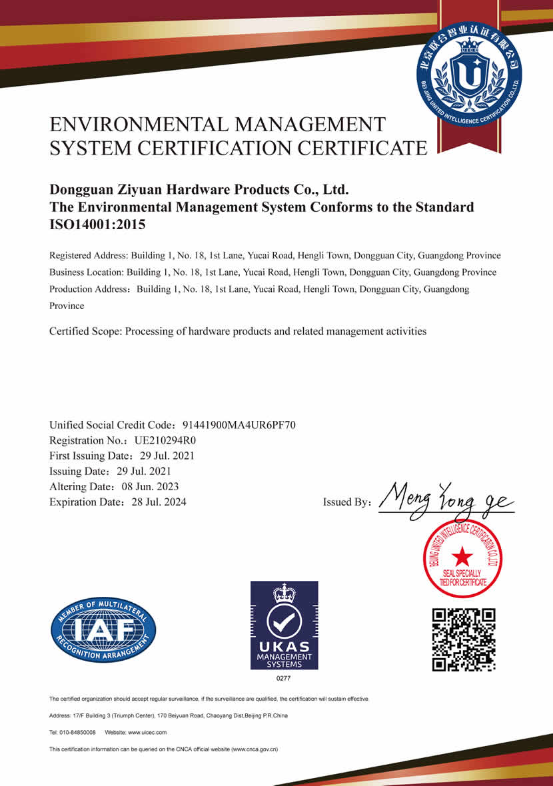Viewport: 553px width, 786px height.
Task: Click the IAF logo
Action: click(x=104, y=629)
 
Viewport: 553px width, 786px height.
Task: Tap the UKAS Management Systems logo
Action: click(x=284, y=625)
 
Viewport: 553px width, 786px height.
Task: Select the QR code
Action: click(x=464, y=639)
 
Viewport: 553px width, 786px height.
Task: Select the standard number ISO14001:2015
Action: click(x=97, y=224)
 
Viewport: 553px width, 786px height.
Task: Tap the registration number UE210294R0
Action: click(x=165, y=440)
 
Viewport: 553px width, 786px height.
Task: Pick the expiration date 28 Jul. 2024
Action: click(x=159, y=502)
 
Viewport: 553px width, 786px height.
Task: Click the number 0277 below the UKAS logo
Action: click(x=284, y=678)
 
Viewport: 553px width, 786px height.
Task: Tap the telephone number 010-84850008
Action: click(x=77, y=732)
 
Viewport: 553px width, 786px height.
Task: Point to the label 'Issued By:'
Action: click(x=346, y=502)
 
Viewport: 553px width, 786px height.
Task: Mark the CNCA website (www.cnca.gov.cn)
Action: click(x=254, y=749)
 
